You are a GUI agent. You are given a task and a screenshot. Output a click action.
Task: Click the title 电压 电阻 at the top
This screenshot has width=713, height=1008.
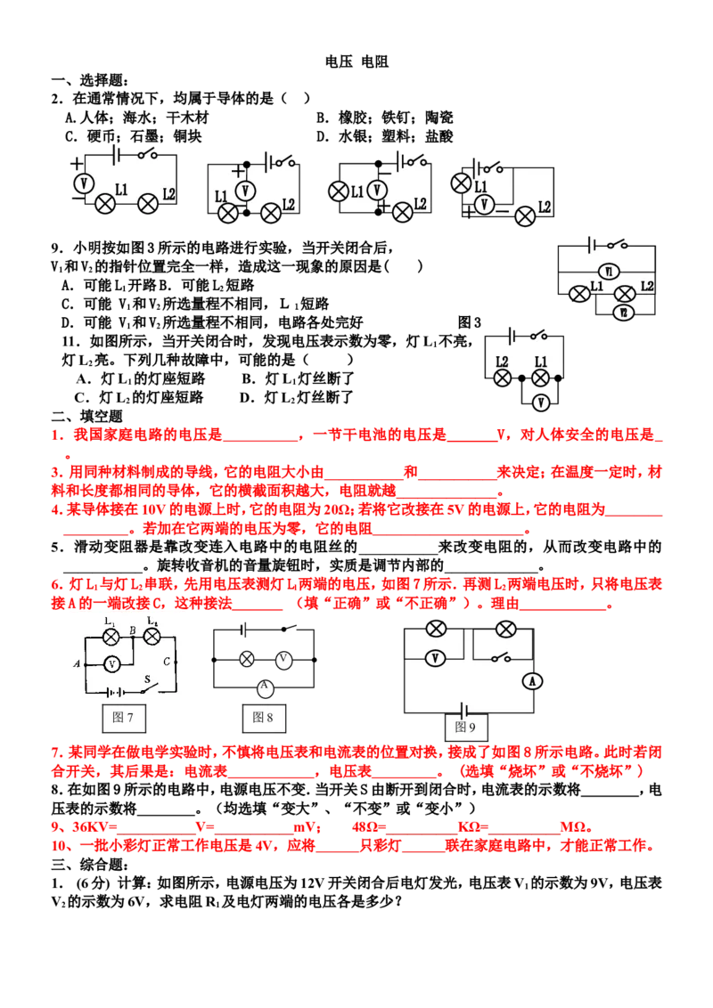click(356, 61)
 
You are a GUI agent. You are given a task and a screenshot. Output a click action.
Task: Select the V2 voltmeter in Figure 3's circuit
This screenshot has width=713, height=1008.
click(623, 313)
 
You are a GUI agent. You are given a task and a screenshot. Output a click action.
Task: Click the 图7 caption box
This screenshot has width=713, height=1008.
click(124, 718)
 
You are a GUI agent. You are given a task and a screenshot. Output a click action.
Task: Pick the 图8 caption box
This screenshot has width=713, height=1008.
click(264, 718)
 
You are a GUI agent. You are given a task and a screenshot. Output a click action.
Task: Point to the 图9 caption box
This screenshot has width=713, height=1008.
click(466, 728)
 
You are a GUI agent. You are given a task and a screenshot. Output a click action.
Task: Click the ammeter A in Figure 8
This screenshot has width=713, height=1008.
click(265, 687)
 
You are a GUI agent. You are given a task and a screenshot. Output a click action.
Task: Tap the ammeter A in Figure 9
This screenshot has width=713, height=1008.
click(532, 681)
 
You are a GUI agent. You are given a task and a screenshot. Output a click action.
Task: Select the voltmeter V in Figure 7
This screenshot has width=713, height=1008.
click(112, 664)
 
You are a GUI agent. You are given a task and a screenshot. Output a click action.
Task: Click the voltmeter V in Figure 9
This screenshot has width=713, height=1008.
click(436, 658)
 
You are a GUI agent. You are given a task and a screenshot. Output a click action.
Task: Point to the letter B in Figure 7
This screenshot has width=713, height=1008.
click(133, 630)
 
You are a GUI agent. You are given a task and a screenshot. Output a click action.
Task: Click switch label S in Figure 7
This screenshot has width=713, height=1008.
click(147, 679)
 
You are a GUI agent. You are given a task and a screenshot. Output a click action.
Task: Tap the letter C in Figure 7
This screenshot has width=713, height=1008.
click(167, 662)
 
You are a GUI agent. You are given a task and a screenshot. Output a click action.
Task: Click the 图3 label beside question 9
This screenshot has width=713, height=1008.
click(469, 322)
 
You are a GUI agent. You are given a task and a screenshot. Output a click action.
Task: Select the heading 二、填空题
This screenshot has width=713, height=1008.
click(86, 416)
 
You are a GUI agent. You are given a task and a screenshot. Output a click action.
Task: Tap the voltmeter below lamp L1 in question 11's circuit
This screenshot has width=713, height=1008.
click(540, 402)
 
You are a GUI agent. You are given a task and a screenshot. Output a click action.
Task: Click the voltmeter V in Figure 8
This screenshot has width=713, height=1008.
click(283, 659)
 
